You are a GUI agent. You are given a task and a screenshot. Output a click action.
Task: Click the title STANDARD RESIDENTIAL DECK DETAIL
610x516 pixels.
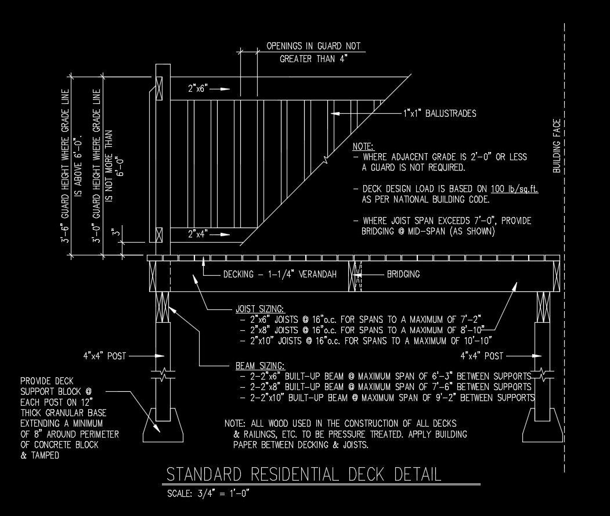[304, 474]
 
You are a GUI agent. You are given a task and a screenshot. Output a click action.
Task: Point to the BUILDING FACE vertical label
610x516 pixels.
[557, 146]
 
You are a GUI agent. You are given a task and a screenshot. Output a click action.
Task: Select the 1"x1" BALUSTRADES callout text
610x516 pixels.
[439, 113]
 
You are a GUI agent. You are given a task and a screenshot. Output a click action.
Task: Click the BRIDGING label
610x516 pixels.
[403, 274]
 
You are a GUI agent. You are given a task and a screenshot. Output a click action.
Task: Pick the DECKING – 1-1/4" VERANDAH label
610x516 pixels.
[280, 275]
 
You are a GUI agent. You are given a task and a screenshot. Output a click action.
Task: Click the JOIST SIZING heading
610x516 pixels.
[260, 309]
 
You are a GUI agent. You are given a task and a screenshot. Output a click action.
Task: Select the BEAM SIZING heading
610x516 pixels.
[260, 366]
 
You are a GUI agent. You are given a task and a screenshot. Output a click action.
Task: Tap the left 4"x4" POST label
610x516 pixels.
[104, 356]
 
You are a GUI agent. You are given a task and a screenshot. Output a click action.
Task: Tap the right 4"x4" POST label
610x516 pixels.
[482, 355]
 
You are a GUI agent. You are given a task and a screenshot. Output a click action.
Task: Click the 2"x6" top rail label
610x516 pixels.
[198, 89]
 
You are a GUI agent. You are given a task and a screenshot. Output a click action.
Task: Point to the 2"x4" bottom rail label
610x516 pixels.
[198, 234]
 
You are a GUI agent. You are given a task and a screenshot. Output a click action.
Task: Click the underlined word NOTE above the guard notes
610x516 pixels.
[363, 146]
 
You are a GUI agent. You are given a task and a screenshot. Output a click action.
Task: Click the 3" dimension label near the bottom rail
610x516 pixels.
[118, 234]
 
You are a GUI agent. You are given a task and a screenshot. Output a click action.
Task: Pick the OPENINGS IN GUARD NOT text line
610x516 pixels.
[313, 46]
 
